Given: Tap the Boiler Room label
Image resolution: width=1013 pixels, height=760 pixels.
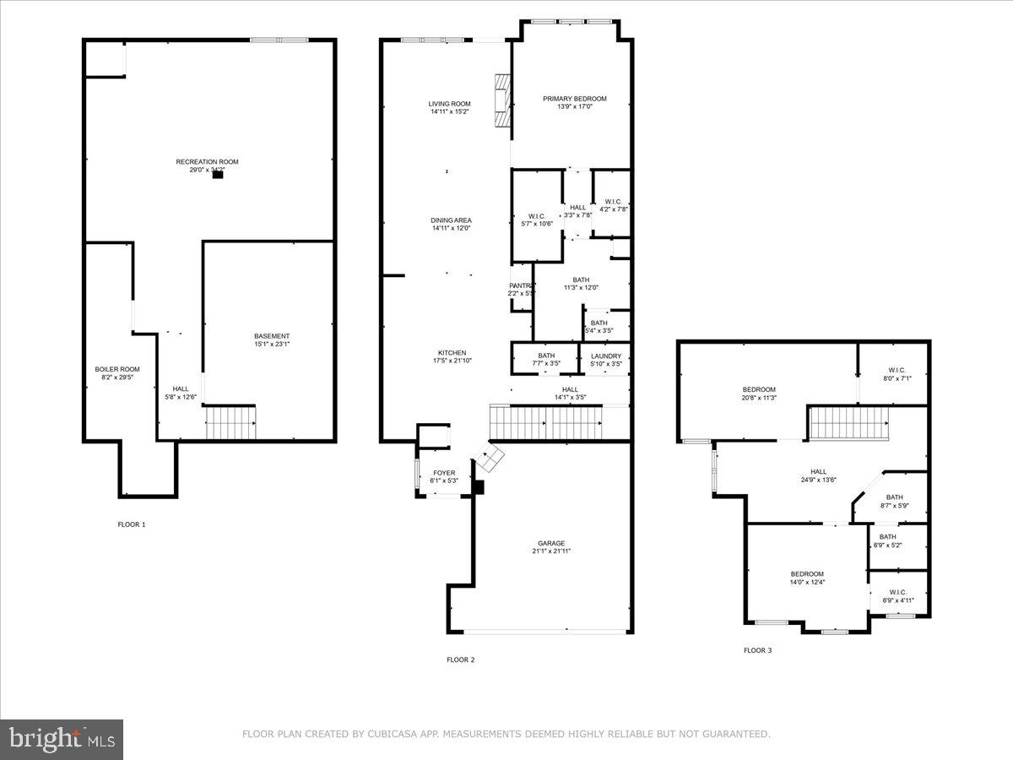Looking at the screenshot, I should point(117,369).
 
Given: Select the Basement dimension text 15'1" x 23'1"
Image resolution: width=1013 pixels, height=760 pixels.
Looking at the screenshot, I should point(272,345).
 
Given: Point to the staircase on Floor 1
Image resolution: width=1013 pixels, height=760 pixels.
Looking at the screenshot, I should point(230,421).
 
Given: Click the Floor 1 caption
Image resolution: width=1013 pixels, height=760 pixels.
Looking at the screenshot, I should point(131,524).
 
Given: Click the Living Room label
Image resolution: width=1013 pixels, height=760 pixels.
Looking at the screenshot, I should point(449,104).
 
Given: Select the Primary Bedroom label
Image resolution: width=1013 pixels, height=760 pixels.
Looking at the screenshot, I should point(574,99).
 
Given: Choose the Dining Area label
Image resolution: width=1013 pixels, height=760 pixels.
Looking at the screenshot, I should point(451,220).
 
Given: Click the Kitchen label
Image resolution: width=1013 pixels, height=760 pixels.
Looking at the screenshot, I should point(452,353).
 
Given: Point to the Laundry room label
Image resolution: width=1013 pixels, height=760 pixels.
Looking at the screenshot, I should point(605,356).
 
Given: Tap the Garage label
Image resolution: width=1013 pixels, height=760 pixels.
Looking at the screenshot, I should point(551,543).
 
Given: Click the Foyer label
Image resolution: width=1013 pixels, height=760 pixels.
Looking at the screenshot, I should point(444,473).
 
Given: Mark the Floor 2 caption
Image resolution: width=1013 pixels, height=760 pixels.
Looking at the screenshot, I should point(460,660).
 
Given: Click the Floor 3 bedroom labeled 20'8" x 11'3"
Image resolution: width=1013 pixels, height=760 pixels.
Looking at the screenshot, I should point(759,389).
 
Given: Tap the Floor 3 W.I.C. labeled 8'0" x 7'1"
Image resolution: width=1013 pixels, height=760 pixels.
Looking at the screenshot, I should point(897,370).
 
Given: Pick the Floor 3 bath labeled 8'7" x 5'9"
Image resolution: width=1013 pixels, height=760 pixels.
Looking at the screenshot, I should point(895,497).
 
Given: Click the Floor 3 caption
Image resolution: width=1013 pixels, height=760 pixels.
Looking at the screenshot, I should point(757,650).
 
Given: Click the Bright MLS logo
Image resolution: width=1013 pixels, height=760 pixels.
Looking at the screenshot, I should point(62,740).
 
